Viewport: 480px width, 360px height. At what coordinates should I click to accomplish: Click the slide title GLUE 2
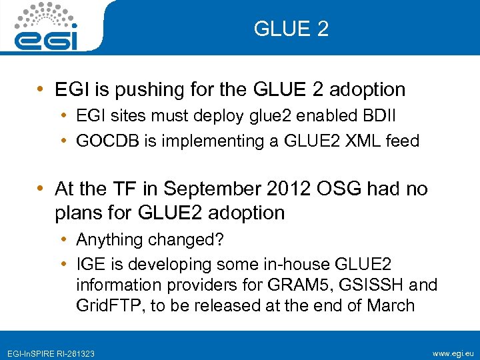point(291,29)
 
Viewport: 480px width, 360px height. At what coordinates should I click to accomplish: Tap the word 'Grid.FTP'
point(105,307)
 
